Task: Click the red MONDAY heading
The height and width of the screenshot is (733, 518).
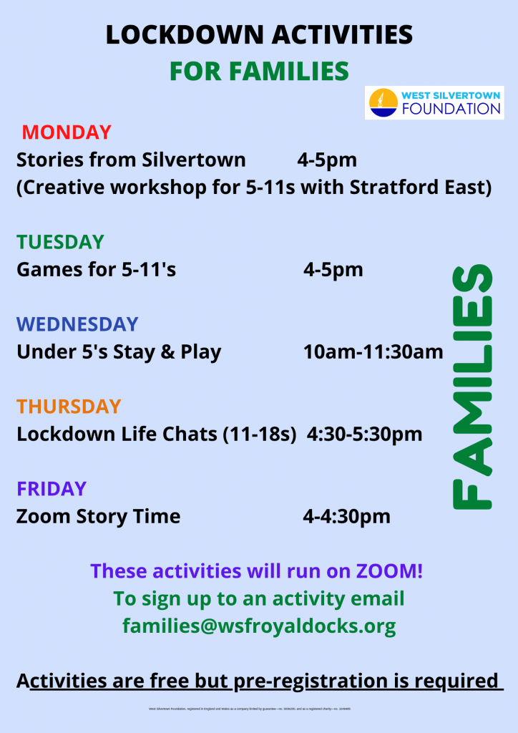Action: (x=67, y=132)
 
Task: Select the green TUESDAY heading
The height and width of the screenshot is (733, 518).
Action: (x=61, y=242)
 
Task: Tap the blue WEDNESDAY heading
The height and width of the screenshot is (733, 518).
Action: (x=77, y=324)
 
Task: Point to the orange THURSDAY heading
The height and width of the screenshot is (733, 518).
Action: (x=69, y=407)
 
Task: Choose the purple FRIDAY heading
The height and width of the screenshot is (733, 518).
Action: (x=52, y=489)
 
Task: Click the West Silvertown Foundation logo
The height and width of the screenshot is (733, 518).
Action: (x=434, y=103)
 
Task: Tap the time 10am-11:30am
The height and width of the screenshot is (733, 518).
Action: (x=373, y=352)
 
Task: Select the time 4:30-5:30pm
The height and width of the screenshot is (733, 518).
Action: (x=364, y=435)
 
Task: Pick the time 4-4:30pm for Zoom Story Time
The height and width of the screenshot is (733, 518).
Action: (x=347, y=516)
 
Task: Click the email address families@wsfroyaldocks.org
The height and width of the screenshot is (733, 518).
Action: (x=259, y=626)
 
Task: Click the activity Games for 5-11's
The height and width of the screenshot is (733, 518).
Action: (x=96, y=270)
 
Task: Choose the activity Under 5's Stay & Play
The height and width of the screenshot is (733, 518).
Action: (x=119, y=352)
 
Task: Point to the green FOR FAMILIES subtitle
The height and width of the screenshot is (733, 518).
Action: (x=259, y=71)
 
